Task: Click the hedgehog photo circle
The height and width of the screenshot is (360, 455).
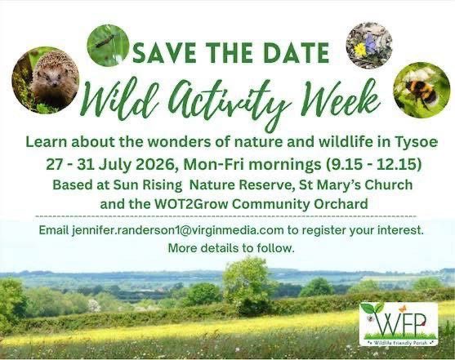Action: [47, 79]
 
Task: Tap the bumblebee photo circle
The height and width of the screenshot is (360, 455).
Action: [422, 90]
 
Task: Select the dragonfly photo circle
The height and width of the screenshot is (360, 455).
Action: [107, 45]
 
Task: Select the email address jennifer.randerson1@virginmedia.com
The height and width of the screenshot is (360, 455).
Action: [177, 230]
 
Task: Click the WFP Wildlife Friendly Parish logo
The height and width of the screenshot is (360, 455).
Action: [399, 323]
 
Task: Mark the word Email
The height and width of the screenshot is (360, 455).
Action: [55, 230]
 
